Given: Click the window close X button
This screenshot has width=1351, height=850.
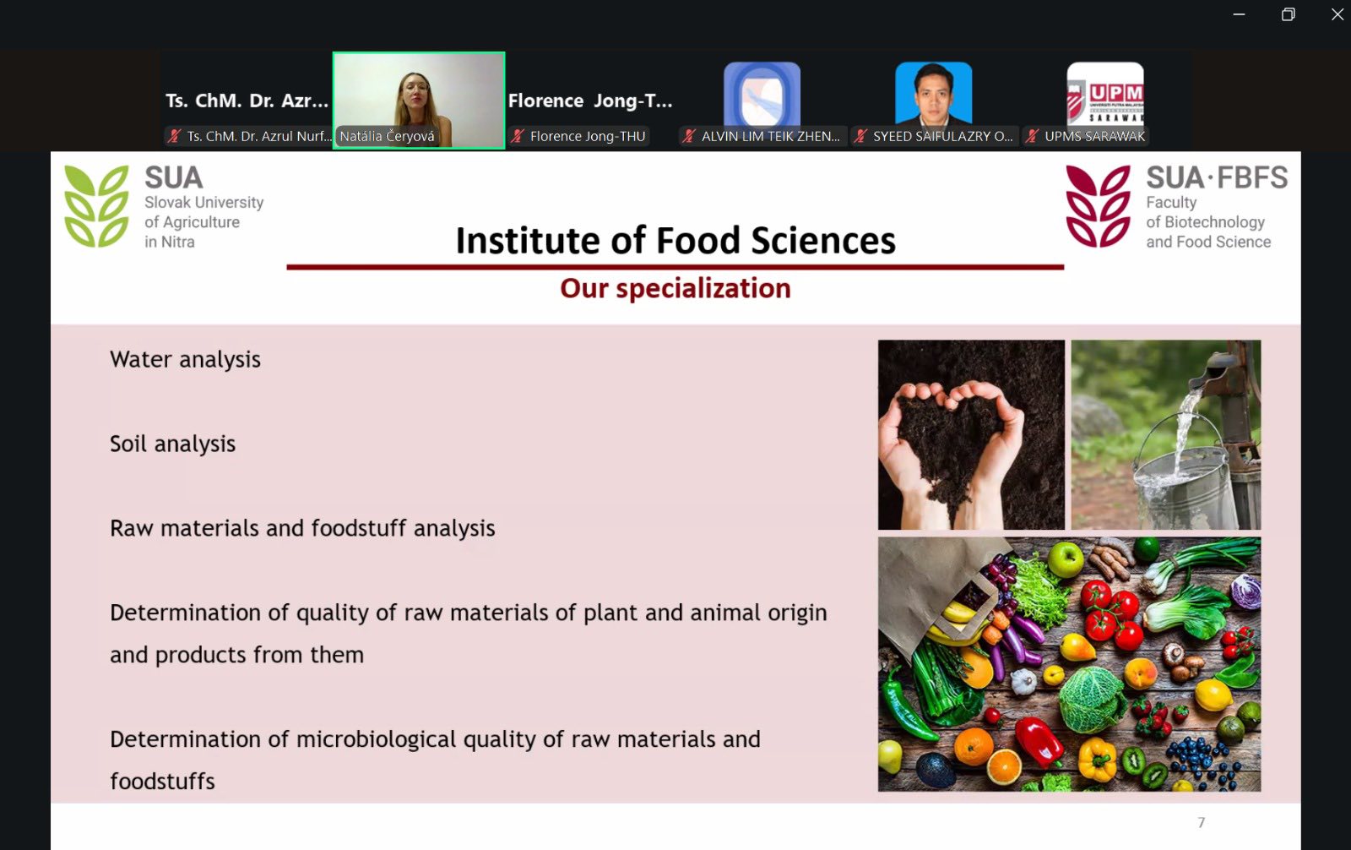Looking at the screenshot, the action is pos(1337,14).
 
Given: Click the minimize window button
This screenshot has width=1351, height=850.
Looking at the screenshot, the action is pos(1239,14).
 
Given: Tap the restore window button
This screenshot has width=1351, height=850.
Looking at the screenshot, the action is pos(1288,14).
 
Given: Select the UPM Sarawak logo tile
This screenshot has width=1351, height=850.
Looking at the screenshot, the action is pos(1105,94).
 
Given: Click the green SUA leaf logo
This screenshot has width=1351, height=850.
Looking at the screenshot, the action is pos(96,206).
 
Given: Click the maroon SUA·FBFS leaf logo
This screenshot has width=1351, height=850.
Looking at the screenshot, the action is pos(1099,206).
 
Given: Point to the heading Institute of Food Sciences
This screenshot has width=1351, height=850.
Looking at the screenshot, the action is pos(675,240).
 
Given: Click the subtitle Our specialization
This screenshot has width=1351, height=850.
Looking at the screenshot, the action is pos(675,289).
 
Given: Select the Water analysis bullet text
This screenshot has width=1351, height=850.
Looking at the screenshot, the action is pos(185,360).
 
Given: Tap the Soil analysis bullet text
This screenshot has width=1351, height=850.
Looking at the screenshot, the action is pos(172,444).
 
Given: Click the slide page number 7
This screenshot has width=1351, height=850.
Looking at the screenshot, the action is pos(1202,823).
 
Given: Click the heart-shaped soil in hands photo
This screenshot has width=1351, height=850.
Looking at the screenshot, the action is pos(971,434).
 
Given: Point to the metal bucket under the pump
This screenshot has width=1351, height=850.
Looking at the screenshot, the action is pos(1182,489).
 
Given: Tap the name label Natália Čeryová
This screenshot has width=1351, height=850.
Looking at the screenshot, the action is pos(388,136).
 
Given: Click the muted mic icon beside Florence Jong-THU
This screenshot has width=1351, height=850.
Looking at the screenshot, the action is pos(518,136).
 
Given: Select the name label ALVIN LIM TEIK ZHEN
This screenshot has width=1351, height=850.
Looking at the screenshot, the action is pos(770,136).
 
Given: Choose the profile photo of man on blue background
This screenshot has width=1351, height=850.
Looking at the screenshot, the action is pos(934,94).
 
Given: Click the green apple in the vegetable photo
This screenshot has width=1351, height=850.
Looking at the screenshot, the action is pos(1065,559).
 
